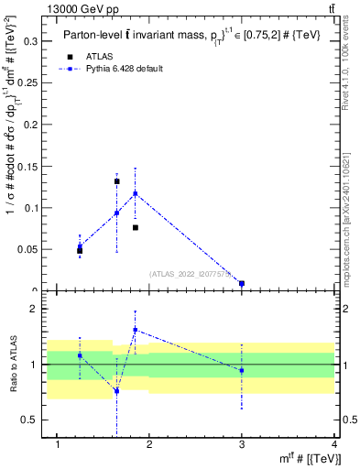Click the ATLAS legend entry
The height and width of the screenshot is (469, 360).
pos(100,56)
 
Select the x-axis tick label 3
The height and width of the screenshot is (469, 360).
pos(242,446)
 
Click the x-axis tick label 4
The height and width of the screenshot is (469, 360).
pos(334,446)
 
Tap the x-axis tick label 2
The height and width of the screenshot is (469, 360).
pos(149,446)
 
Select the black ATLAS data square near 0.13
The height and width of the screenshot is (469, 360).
pos(116,181)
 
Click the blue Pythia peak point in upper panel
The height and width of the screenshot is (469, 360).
pos(135,193)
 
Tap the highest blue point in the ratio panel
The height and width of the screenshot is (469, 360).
pos(135,330)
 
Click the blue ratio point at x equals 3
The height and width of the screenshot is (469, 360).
pos(242,371)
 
